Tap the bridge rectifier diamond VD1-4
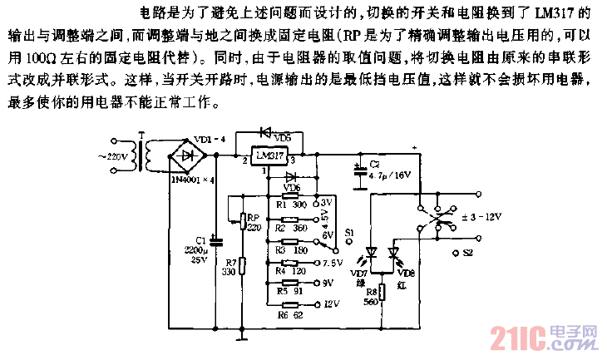point(187,155)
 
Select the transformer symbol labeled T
point(148,155)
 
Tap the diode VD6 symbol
point(291,177)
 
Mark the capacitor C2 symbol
point(359,173)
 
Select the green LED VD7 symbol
point(372,252)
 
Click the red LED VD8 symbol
point(396,252)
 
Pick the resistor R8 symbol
point(383,292)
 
